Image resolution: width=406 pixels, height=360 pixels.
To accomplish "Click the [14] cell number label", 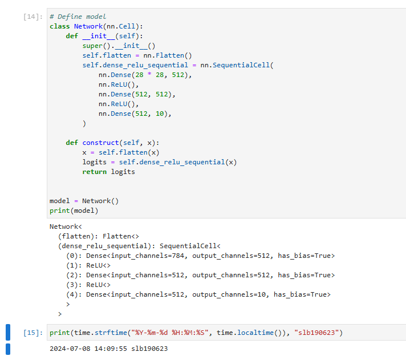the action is point(33,17).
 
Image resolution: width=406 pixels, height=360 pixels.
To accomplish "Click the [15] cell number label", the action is point(33,333).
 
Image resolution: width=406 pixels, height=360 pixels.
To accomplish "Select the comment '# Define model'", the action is point(78,17).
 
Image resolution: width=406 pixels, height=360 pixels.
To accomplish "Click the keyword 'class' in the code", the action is point(60,26).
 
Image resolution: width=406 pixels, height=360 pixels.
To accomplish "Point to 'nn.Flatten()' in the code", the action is point(168,55).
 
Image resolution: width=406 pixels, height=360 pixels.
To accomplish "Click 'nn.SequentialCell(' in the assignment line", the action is point(237,65).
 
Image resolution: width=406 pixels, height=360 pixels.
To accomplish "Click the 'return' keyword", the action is point(95,172).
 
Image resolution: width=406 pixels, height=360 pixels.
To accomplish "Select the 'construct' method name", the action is point(100,143).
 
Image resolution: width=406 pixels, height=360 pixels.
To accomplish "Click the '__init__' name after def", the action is point(99,36).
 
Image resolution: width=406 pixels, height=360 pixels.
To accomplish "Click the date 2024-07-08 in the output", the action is point(70,349).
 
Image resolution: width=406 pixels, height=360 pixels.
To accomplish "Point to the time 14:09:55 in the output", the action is point(111,349).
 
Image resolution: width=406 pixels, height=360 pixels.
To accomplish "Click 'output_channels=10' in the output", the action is point(229,294).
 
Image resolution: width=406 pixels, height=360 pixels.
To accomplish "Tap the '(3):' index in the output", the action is point(74,285).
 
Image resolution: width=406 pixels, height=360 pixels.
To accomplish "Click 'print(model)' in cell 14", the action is point(74,211).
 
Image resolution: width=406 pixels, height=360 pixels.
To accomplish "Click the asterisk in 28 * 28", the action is point(149,74).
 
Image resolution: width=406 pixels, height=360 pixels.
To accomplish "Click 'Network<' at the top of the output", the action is point(66,226).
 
